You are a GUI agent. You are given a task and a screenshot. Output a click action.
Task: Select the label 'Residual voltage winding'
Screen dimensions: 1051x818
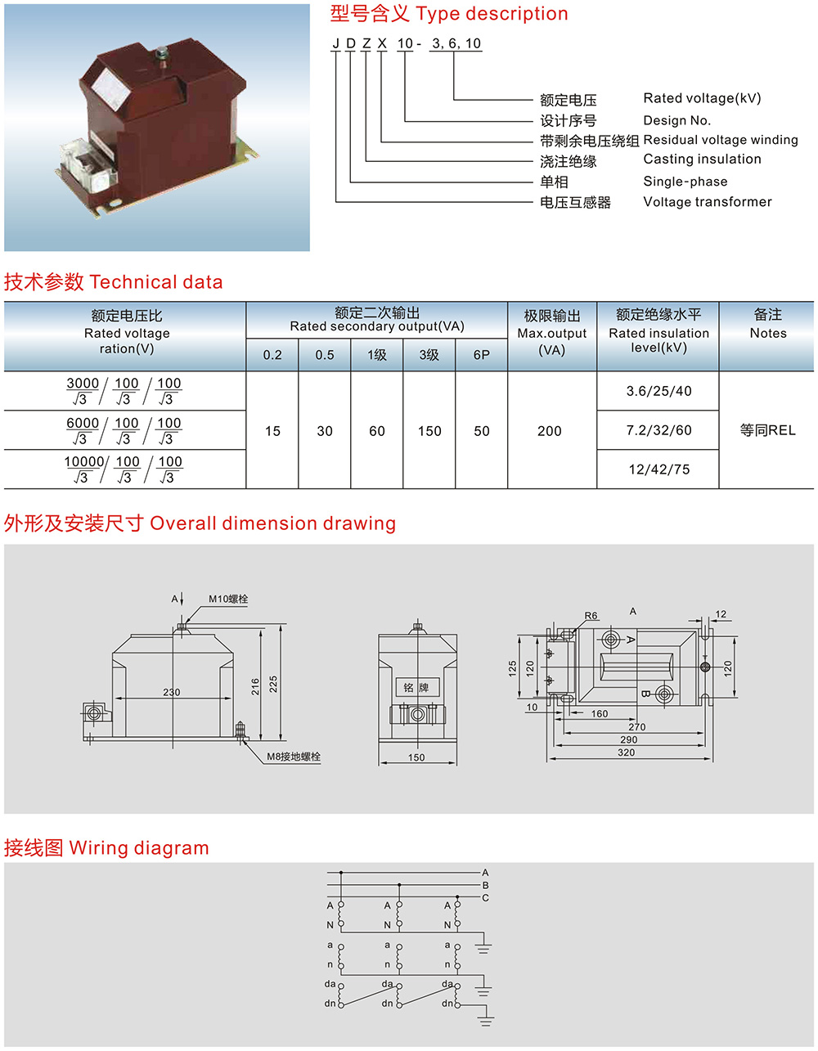coord(720,140)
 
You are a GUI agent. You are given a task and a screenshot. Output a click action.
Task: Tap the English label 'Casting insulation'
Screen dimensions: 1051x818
coord(702,159)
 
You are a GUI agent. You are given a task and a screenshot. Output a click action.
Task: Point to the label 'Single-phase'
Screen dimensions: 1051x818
coord(685,182)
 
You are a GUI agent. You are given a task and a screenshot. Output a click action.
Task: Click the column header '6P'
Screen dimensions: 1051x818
coord(482,355)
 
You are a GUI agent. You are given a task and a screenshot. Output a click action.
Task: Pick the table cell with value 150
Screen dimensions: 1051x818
coord(429,431)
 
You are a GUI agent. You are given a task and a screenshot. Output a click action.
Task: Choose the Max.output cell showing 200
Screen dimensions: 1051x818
coord(550,431)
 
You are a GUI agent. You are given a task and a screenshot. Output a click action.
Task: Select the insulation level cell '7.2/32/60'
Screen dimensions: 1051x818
coord(658,430)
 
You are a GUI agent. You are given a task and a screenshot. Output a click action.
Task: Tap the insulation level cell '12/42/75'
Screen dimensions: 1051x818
coord(658,469)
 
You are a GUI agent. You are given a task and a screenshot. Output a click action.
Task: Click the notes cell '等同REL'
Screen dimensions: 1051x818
coord(767,430)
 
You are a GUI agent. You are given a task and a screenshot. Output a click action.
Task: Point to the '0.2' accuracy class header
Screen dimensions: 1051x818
coord(272,355)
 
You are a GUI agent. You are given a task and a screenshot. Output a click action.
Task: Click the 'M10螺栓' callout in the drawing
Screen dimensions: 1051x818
coord(227,599)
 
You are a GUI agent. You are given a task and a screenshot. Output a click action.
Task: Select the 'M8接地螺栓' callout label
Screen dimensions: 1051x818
coord(294,757)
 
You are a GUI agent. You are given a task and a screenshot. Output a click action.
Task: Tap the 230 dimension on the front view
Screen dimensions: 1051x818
coord(171,692)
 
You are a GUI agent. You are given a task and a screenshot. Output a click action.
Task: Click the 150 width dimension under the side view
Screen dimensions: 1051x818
coord(416,757)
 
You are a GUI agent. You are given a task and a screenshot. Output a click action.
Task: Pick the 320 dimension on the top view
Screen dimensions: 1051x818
coord(626,752)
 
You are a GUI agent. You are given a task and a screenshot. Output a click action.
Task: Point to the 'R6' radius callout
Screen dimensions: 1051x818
coord(591,616)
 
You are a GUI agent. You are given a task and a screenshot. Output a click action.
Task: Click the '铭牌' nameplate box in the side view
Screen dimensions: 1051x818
coord(416,687)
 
